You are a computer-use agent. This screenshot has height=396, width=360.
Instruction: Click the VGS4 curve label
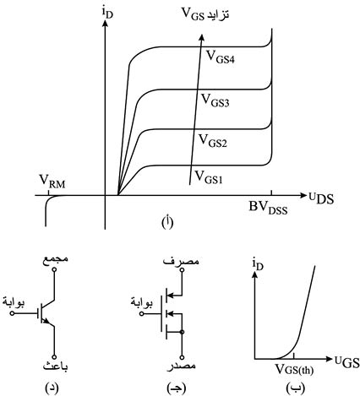(221, 57)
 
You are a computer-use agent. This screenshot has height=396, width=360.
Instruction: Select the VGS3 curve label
(215, 100)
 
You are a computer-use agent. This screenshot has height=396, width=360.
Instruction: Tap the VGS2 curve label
(213, 141)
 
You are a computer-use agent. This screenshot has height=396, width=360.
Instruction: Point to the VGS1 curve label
(209, 177)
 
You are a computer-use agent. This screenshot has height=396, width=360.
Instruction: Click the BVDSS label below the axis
(268, 209)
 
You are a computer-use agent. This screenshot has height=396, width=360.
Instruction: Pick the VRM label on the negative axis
(52, 182)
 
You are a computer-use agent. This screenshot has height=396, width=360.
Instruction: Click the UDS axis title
(321, 198)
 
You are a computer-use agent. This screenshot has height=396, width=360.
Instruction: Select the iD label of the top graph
(108, 13)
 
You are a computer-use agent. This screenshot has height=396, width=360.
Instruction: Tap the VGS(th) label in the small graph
(294, 370)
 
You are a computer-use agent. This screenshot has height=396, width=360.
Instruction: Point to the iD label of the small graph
(258, 265)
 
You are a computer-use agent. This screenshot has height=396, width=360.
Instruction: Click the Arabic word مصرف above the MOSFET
(181, 261)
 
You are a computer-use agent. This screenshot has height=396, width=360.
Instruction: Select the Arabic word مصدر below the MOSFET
(182, 366)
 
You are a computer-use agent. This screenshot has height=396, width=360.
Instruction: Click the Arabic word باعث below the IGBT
(55, 366)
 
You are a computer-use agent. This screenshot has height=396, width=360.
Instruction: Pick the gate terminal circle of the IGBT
(12, 313)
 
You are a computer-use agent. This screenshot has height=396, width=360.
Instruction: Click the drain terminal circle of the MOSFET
(183, 269)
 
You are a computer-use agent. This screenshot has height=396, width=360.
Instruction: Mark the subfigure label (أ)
(167, 223)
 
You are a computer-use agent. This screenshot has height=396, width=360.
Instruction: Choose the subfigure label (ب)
(295, 388)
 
